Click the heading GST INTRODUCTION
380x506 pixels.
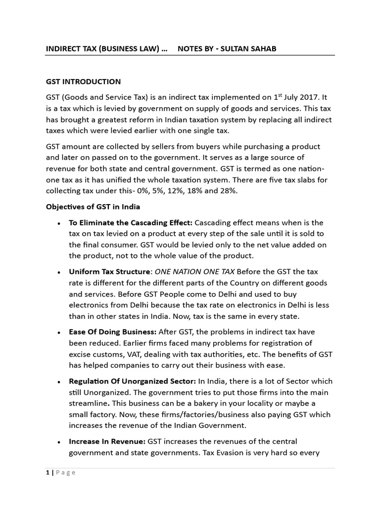(x=83, y=82)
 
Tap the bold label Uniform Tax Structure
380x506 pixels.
(x=109, y=272)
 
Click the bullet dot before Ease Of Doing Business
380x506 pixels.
(x=59, y=333)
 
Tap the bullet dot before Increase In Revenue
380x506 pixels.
(x=59, y=442)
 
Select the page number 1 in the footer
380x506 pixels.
(x=47, y=472)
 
